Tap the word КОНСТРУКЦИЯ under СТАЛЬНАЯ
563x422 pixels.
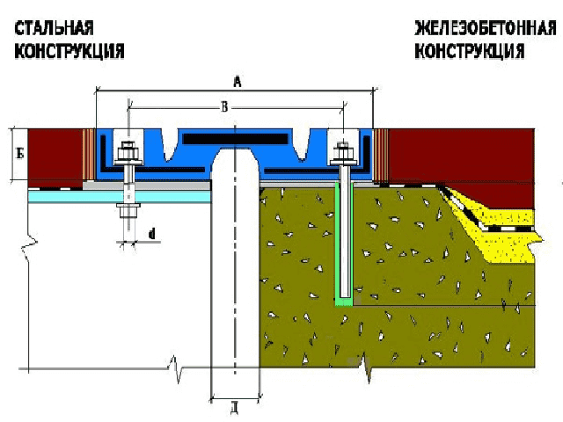(x=68, y=51)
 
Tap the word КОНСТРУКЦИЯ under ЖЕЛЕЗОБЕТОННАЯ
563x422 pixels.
(x=470, y=51)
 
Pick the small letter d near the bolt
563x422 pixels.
(x=152, y=234)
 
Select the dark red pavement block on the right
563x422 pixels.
(x=457, y=154)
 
